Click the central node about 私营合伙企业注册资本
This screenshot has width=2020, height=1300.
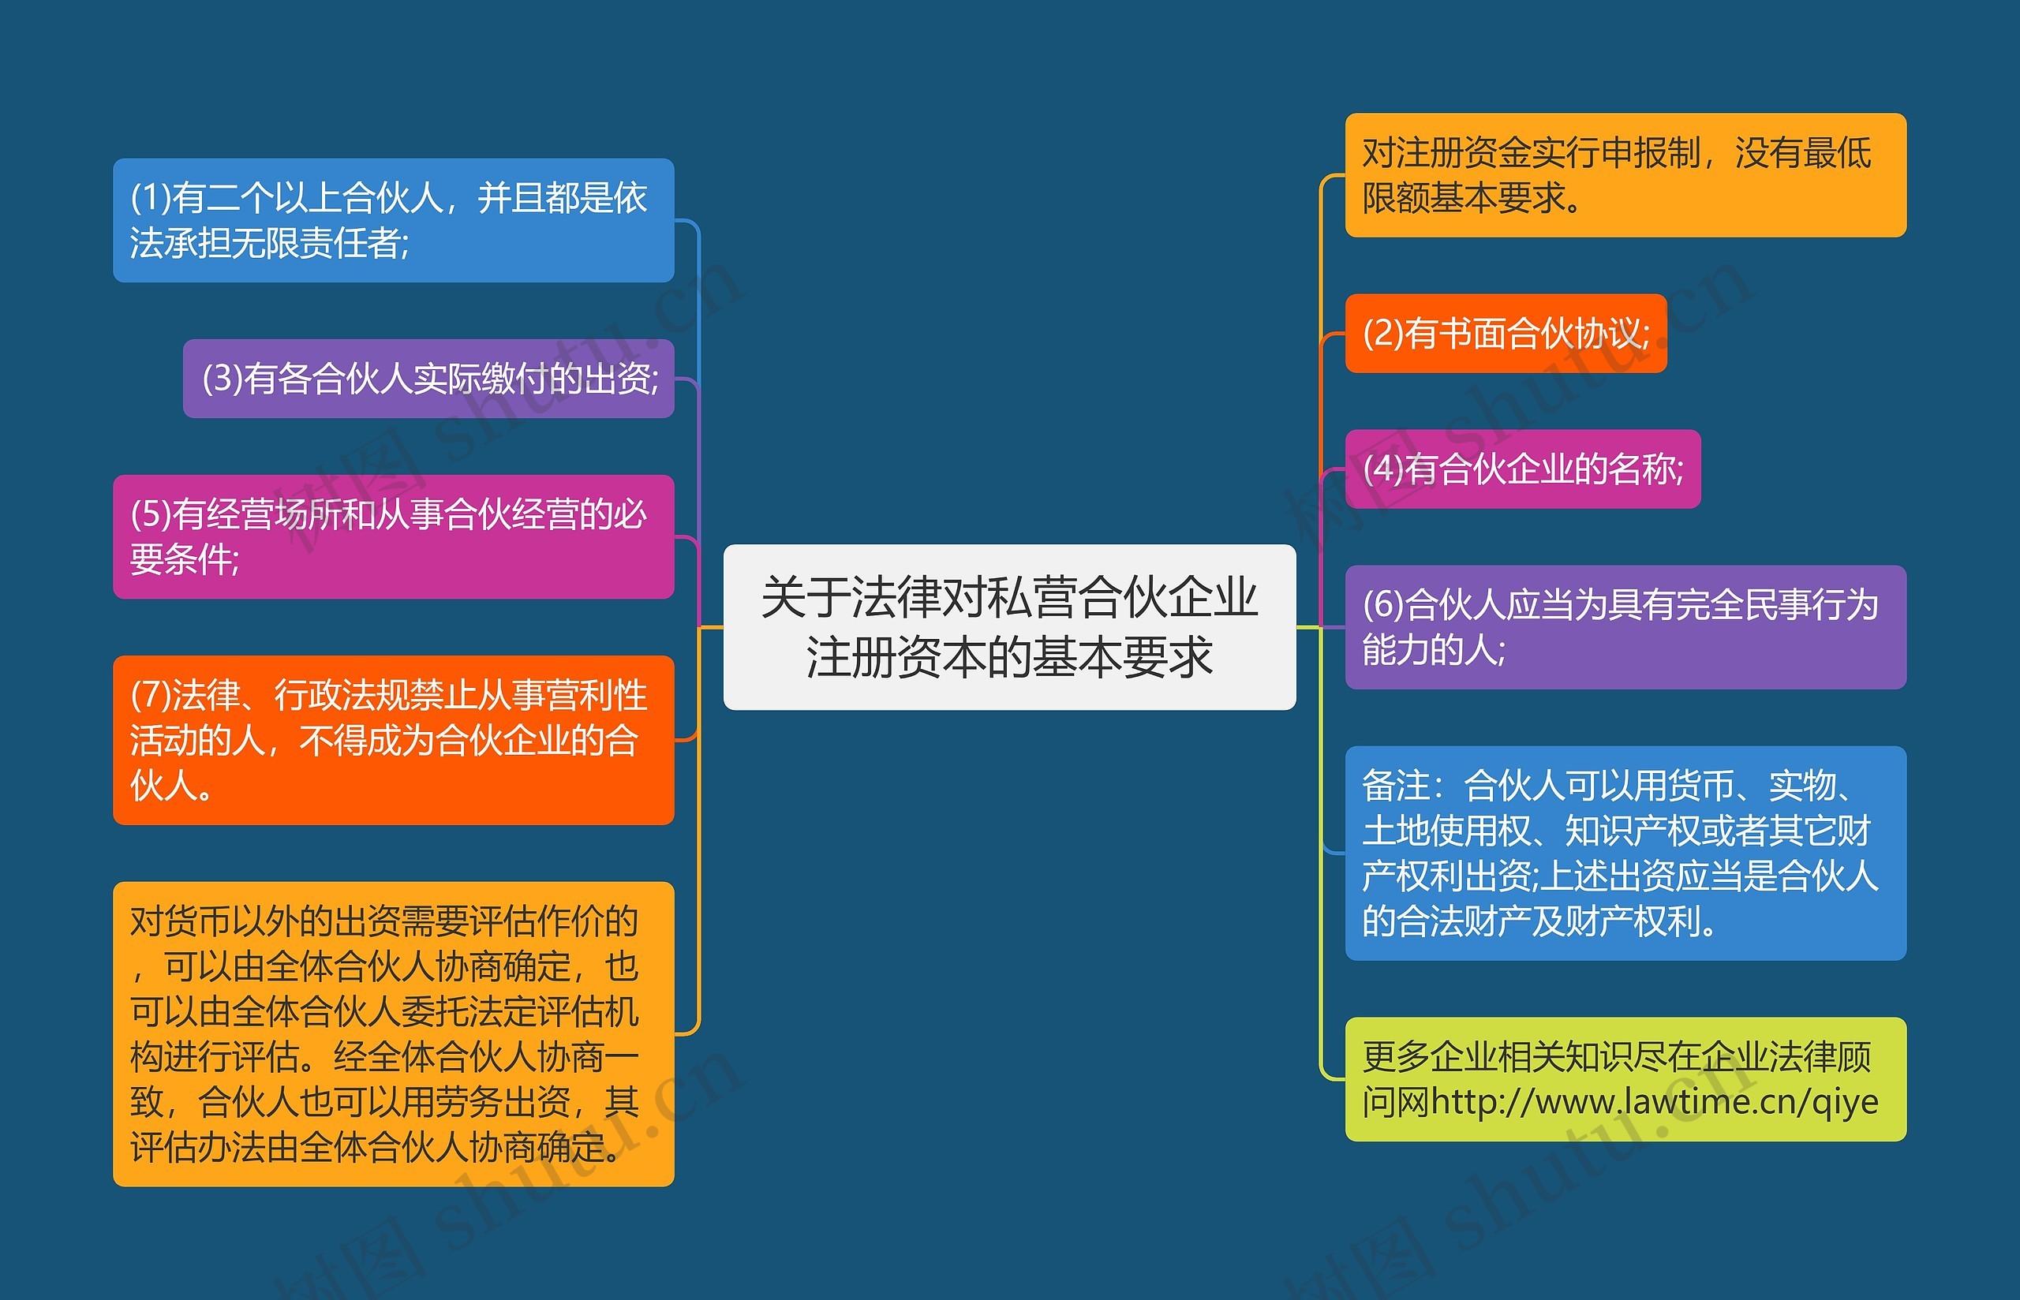(1008, 626)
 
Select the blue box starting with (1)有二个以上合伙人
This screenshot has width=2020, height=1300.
(394, 219)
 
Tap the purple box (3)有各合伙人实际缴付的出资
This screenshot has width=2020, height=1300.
(428, 378)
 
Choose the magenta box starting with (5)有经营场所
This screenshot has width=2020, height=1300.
(394, 536)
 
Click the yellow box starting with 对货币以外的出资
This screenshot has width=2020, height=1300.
(394, 1033)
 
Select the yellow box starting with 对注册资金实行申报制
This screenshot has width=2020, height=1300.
(1625, 175)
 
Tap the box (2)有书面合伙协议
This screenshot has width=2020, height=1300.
(1505, 333)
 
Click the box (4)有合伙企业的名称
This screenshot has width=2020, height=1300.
(1522, 469)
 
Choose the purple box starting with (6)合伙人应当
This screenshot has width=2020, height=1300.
(1625, 626)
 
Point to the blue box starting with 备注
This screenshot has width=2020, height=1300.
(1625, 853)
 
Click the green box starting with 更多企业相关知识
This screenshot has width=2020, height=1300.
(1625, 1079)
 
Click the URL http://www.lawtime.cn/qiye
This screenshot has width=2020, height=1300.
(1655, 1102)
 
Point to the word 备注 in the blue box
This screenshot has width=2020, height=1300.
(1395, 786)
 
